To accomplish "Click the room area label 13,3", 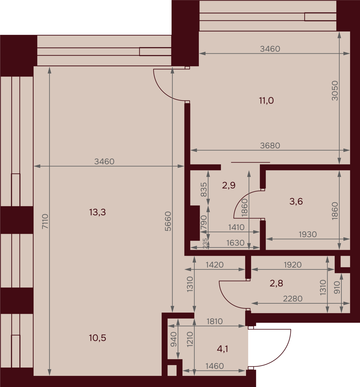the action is (x=97, y=212).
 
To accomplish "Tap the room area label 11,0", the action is (x=266, y=100).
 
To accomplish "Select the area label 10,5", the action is (x=97, y=338).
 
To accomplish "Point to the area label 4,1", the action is (x=222, y=349).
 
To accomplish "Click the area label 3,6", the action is (x=296, y=201).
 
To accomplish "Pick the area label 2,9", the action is (x=229, y=185).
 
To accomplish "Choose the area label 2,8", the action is (x=276, y=283).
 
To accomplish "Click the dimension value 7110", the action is (x=45, y=221).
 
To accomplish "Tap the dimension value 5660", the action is (x=168, y=221).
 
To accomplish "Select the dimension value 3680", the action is (x=270, y=145).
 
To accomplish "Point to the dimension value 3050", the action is (x=335, y=91).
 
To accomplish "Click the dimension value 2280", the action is (x=292, y=298).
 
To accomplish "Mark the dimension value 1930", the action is (x=307, y=234).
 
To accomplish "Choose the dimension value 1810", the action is (x=214, y=321).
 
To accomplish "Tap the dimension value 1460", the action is (x=214, y=366).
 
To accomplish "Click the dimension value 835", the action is (x=203, y=190).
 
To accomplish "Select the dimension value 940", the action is (x=173, y=339).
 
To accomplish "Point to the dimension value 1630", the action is (x=235, y=243).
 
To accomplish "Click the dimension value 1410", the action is (x=236, y=227).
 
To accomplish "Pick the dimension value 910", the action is (x=337, y=287).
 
